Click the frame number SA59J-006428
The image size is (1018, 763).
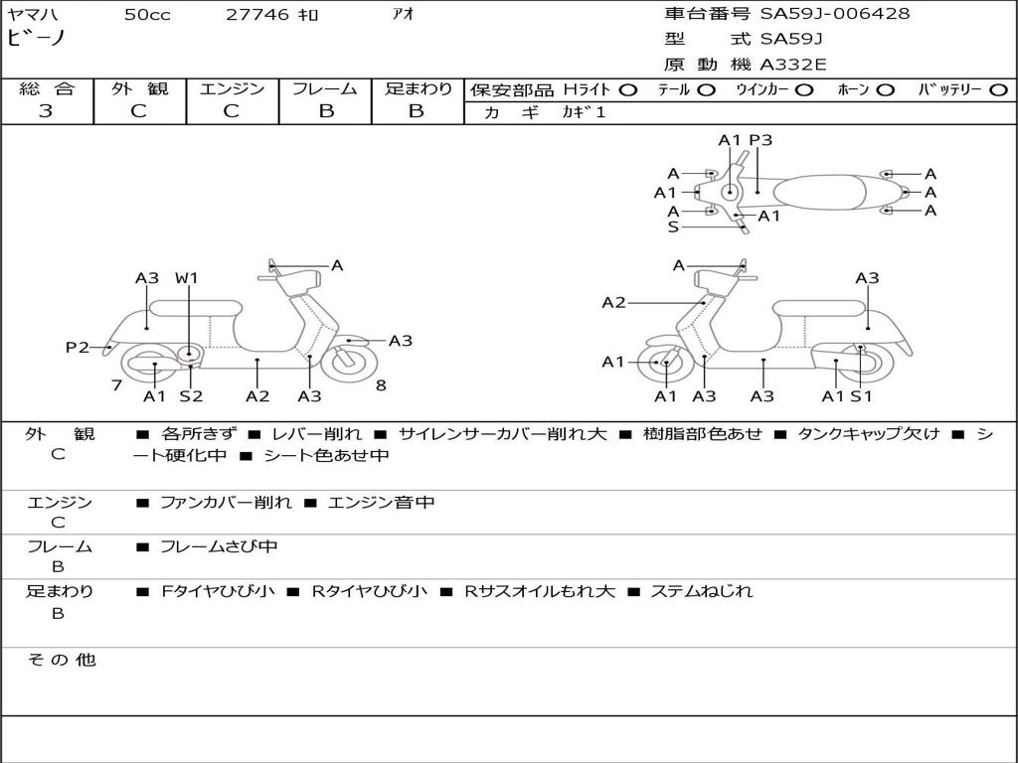tap(835, 14)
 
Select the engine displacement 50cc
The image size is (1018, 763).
tap(147, 15)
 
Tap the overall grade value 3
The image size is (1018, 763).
tap(46, 111)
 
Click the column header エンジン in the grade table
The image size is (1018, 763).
tap(232, 89)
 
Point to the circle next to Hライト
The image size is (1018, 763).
tap(628, 89)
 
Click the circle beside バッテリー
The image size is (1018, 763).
tap(998, 89)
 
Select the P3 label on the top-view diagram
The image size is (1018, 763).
tap(761, 140)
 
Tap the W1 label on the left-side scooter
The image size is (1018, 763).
tap(187, 278)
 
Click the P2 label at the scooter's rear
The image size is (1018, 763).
tap(77, 347)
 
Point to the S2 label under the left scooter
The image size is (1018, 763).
tap(191, 396)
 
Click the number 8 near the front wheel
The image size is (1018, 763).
tap(381, 385)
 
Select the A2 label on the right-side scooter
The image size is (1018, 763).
tap(613, 302)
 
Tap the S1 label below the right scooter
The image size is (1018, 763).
tap(861, 396)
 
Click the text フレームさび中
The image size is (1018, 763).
tap(219, 546)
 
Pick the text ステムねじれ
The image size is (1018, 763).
tap(701, 591)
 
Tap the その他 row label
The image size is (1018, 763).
tap(61, 660)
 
